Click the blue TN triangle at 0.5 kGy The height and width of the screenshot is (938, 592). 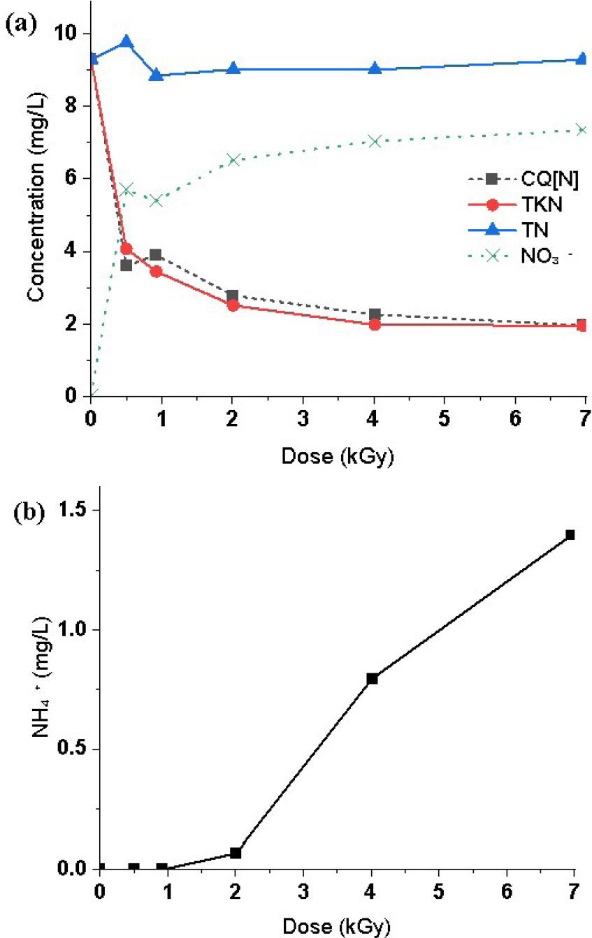[127, 42]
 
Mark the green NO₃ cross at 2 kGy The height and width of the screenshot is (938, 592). [234, 159]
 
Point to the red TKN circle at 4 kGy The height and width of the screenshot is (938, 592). [375, 324]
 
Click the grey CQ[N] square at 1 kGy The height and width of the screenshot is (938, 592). [155, 255]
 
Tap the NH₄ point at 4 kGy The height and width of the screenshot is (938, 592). [372, 678]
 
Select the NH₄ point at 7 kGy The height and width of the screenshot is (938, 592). [570, 535]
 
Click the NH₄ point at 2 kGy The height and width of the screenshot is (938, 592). [236, 853]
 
